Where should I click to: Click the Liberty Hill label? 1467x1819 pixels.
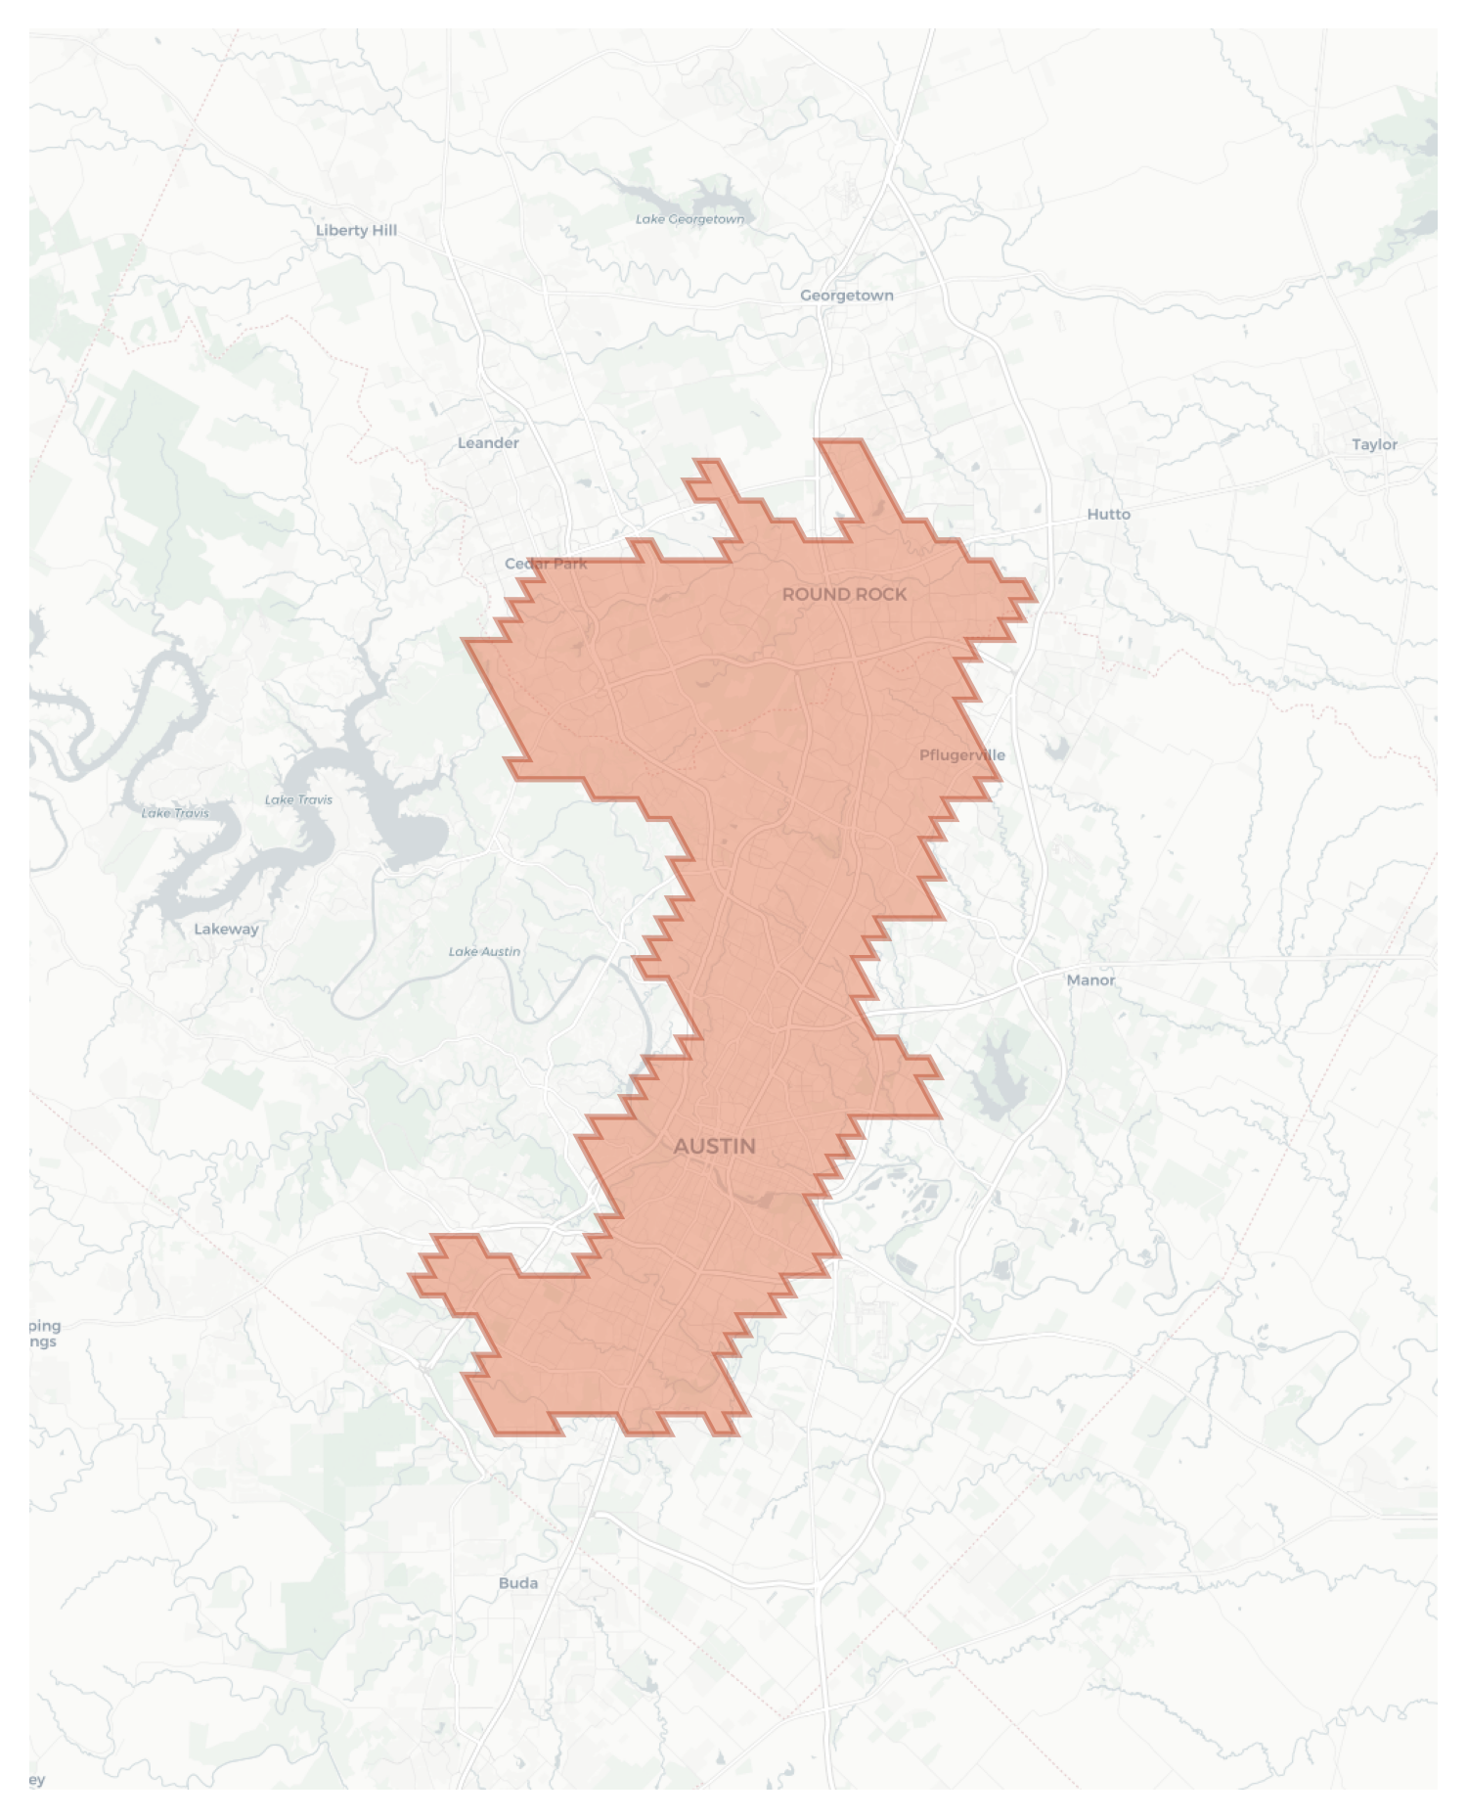coord(356,230)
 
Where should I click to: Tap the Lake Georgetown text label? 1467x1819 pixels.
coord(689,219)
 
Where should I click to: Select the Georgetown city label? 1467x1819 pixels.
coord(846,296)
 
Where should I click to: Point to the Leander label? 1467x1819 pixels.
coord(488,443)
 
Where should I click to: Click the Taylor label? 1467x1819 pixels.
coord(1374,444)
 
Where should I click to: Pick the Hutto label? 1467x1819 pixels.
coord(1108,514)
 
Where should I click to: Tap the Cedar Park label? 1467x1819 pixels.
coord(546,564)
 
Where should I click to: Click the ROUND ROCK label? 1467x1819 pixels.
coord(844,594)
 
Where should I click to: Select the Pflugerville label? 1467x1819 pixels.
coord(961,755)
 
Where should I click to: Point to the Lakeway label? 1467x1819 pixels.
coord(226,929)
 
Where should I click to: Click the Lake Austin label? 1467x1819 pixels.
coord(484,951)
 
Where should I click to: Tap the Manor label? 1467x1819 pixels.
coord(1090,979)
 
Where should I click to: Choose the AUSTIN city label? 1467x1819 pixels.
coord(715,1146)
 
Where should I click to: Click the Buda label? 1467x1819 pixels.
coord(518,1583)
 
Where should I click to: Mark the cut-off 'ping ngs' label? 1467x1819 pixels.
coord(43,1334)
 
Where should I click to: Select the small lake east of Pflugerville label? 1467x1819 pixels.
coord(1055,749)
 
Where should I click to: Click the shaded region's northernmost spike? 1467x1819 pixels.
coord(841,450)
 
